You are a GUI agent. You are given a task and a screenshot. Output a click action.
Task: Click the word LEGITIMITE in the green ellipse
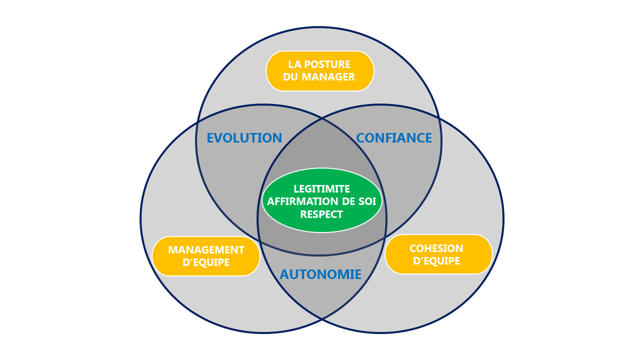(x=321, y=189)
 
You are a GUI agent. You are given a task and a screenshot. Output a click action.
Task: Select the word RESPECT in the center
(x=321, y=214)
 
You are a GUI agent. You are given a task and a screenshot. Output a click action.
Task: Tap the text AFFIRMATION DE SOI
(x=321, y=201)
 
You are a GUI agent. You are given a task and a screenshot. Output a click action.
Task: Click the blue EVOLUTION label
(x=244, y=138)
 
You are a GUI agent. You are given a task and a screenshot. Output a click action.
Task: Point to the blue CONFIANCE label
(x=394, y=138)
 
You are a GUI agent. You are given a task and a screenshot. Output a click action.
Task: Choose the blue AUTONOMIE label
(x=320, y=274)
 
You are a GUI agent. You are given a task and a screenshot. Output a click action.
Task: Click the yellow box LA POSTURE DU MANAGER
(x=320, y=71)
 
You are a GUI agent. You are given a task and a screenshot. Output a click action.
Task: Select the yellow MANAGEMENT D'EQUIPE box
(x=206, y=256)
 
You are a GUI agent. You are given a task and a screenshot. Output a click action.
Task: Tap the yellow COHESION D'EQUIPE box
(x=438, y=254)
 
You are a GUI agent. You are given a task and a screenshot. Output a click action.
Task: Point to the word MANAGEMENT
(x=206, y=249)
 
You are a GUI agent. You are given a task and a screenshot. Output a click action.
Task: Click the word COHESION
(x=436, y=248)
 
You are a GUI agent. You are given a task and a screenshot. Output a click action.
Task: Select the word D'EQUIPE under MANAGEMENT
(x=206, y=262)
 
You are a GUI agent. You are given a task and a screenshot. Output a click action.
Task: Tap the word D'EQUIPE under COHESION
(x=436, y=261)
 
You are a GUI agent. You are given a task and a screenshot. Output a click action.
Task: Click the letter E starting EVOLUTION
(x=211, y=138)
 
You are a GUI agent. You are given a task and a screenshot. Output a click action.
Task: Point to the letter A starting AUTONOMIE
(x=284, y=274)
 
